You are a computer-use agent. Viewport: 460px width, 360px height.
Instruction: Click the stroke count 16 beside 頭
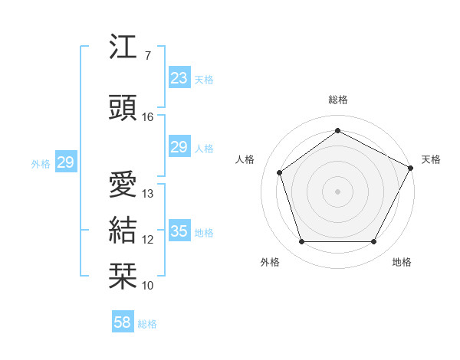click(148, 117)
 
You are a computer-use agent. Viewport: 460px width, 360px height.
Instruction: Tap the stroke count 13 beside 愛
click(148, 194)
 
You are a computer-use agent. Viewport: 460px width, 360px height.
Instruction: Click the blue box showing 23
click(179, 78)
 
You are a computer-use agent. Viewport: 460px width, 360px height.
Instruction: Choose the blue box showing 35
click(179, 231)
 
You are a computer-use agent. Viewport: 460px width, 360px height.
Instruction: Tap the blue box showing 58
click(123, 322)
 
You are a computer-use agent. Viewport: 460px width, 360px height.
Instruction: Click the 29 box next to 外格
click(65, 162)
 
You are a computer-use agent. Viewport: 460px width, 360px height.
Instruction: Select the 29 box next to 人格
click(179, 147)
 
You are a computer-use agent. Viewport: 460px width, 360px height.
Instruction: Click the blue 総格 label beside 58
click(147, 324)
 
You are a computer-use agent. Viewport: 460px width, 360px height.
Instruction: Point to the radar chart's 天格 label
click(431, 159)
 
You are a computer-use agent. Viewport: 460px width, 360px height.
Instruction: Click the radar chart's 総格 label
click(337, 100)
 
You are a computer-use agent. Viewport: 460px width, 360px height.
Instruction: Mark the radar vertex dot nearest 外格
click(301, 242)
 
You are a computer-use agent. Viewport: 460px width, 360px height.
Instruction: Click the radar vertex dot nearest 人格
click(280, 172)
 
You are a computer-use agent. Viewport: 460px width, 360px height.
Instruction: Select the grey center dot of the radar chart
click(337, 191)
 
